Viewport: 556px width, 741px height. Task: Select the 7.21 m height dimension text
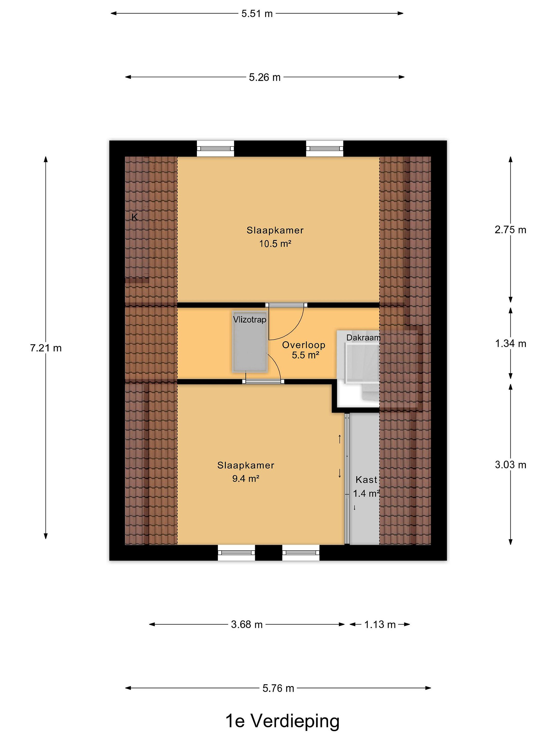click(x=46, y=348)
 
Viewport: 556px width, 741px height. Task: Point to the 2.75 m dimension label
click(x=510, y=230)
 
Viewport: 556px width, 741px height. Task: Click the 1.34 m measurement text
click(x=510, y=343)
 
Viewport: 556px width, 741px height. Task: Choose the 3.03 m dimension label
click(x=510, y=465)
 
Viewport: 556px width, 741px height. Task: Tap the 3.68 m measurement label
click(x=247, y=624)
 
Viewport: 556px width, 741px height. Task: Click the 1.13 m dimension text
click(x=380, y=624)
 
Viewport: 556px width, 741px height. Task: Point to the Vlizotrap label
click(x=250, y=320)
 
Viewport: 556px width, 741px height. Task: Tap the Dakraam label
click(x=364, y=338)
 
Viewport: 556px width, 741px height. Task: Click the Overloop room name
click(x=304, y=345)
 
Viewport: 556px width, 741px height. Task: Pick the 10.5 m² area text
click(x=275, y=244)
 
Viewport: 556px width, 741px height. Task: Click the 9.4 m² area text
click(x=246, y=479)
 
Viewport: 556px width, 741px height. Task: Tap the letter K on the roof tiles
click(x=135, y=217)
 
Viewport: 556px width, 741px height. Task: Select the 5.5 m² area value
click(x=305, y=355)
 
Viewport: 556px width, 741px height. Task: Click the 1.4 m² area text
click(x=366, y=494)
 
